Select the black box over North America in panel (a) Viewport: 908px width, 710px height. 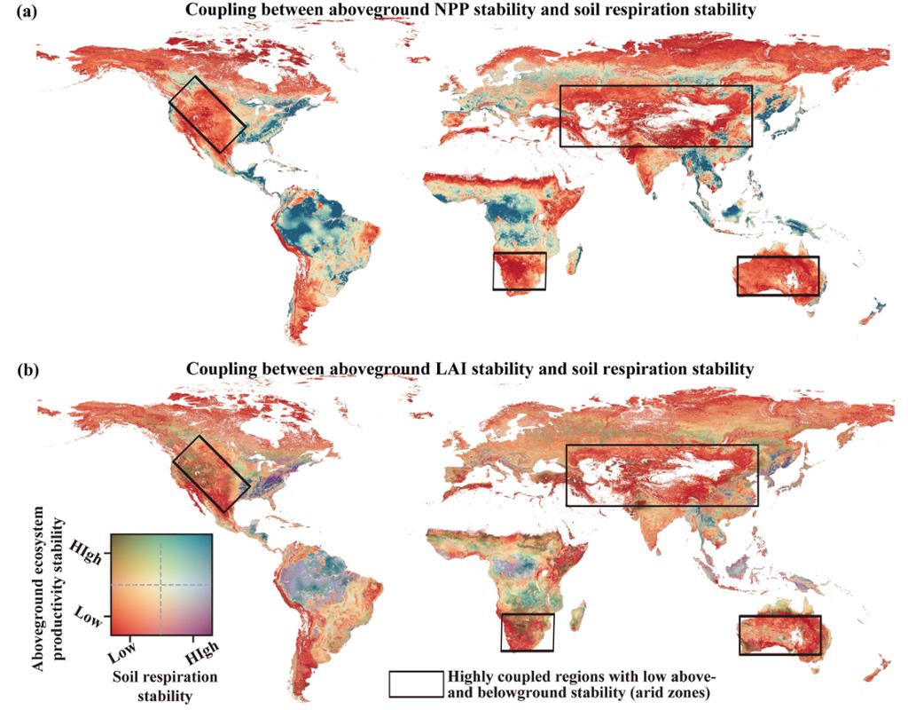coord(207,114)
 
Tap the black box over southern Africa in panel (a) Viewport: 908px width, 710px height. coord(520,271)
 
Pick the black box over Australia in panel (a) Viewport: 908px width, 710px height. coord(778,276)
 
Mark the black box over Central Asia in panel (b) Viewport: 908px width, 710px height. coord(661,475)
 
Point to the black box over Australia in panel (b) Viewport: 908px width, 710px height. coord(779,635)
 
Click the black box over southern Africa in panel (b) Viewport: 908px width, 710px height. coord(527,632)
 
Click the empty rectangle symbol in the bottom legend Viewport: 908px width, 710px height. coord(415,682)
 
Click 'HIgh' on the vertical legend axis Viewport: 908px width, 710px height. coord(91,554)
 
